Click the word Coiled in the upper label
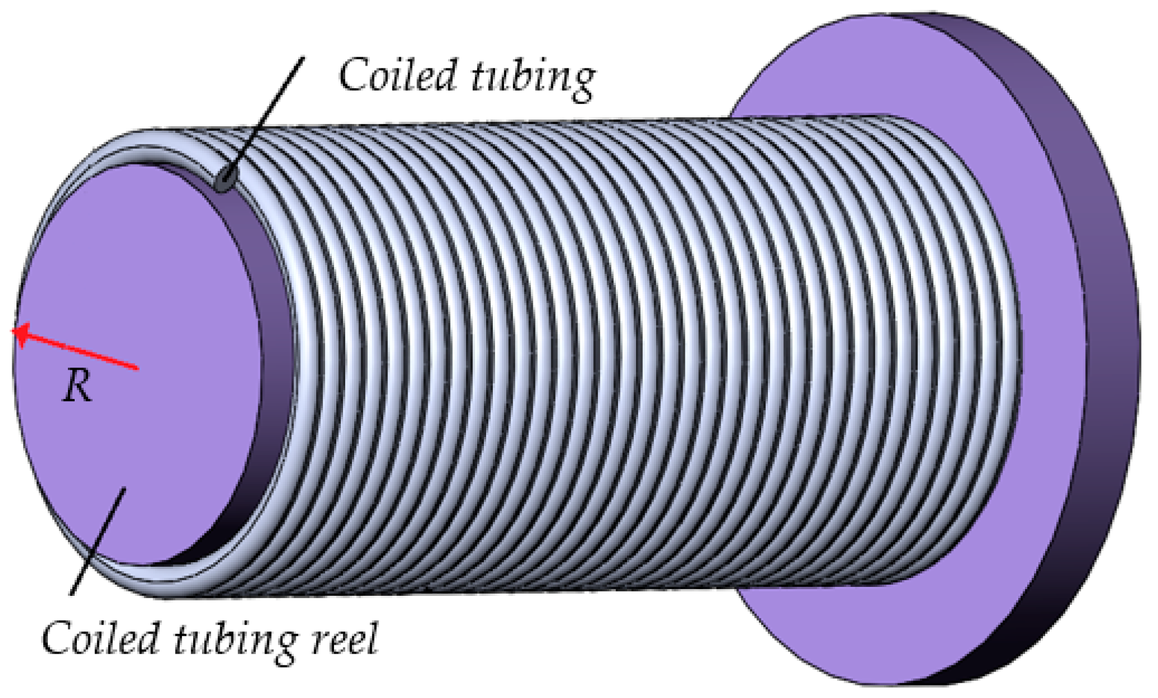point(397,75)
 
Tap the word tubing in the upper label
point(532,79)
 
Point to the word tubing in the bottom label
point(235,642)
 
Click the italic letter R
point(77,387)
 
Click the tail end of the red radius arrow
point(136,368)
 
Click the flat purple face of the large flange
point(1044,359)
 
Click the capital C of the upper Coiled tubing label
point(354,75)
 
